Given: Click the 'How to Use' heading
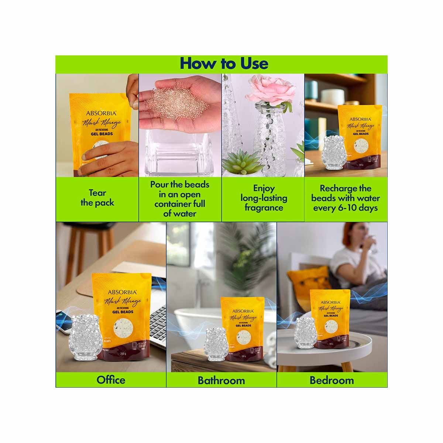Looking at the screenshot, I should (224, 63).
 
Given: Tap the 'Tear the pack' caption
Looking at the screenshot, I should (97, 198).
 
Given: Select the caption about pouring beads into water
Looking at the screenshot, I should (180, 199).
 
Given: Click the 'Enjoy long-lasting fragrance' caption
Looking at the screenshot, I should (264, 198).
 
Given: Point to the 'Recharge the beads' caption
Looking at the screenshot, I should (346, 198).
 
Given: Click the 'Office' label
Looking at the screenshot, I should (111, 380).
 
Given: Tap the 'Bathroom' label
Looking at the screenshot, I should (221, 380).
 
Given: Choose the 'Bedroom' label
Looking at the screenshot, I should (332, 380).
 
